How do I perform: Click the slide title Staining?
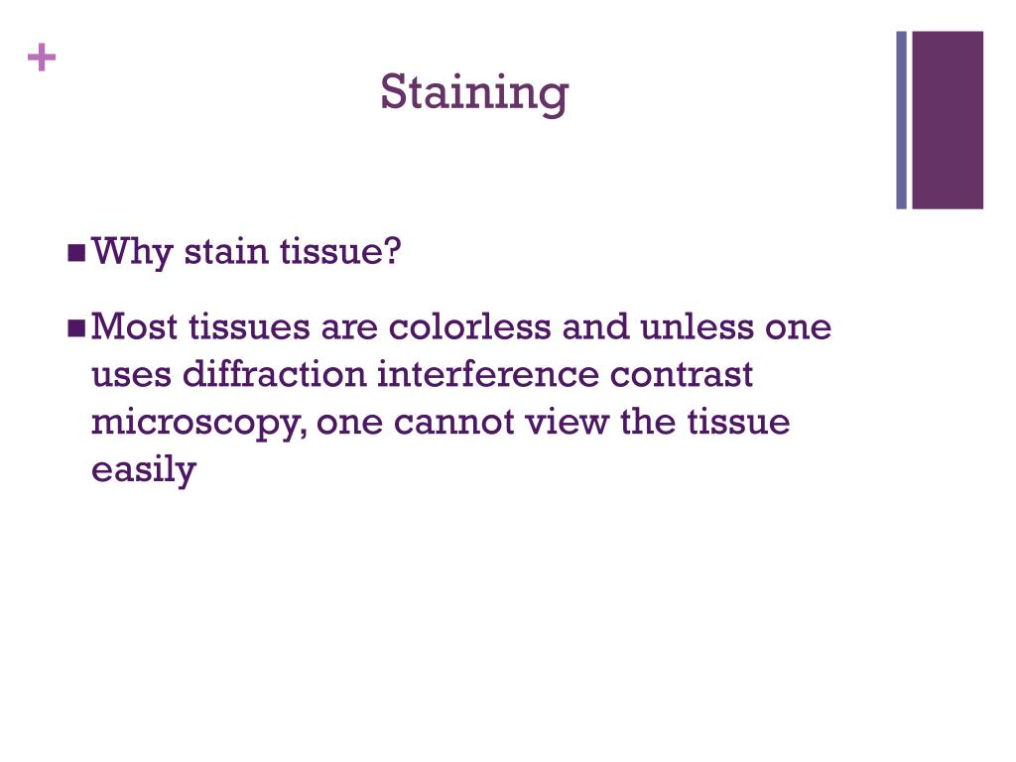click(x=474, y=93)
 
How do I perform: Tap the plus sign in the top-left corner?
click(x=41, y=60)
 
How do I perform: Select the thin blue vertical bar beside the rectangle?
click(x=902, y=120)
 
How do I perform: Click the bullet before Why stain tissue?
click(x=77, y=253)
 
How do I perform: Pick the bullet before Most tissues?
click(x=77, y=327)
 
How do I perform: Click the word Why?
click(x=124, y=253)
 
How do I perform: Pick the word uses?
click(x=128, y=376)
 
